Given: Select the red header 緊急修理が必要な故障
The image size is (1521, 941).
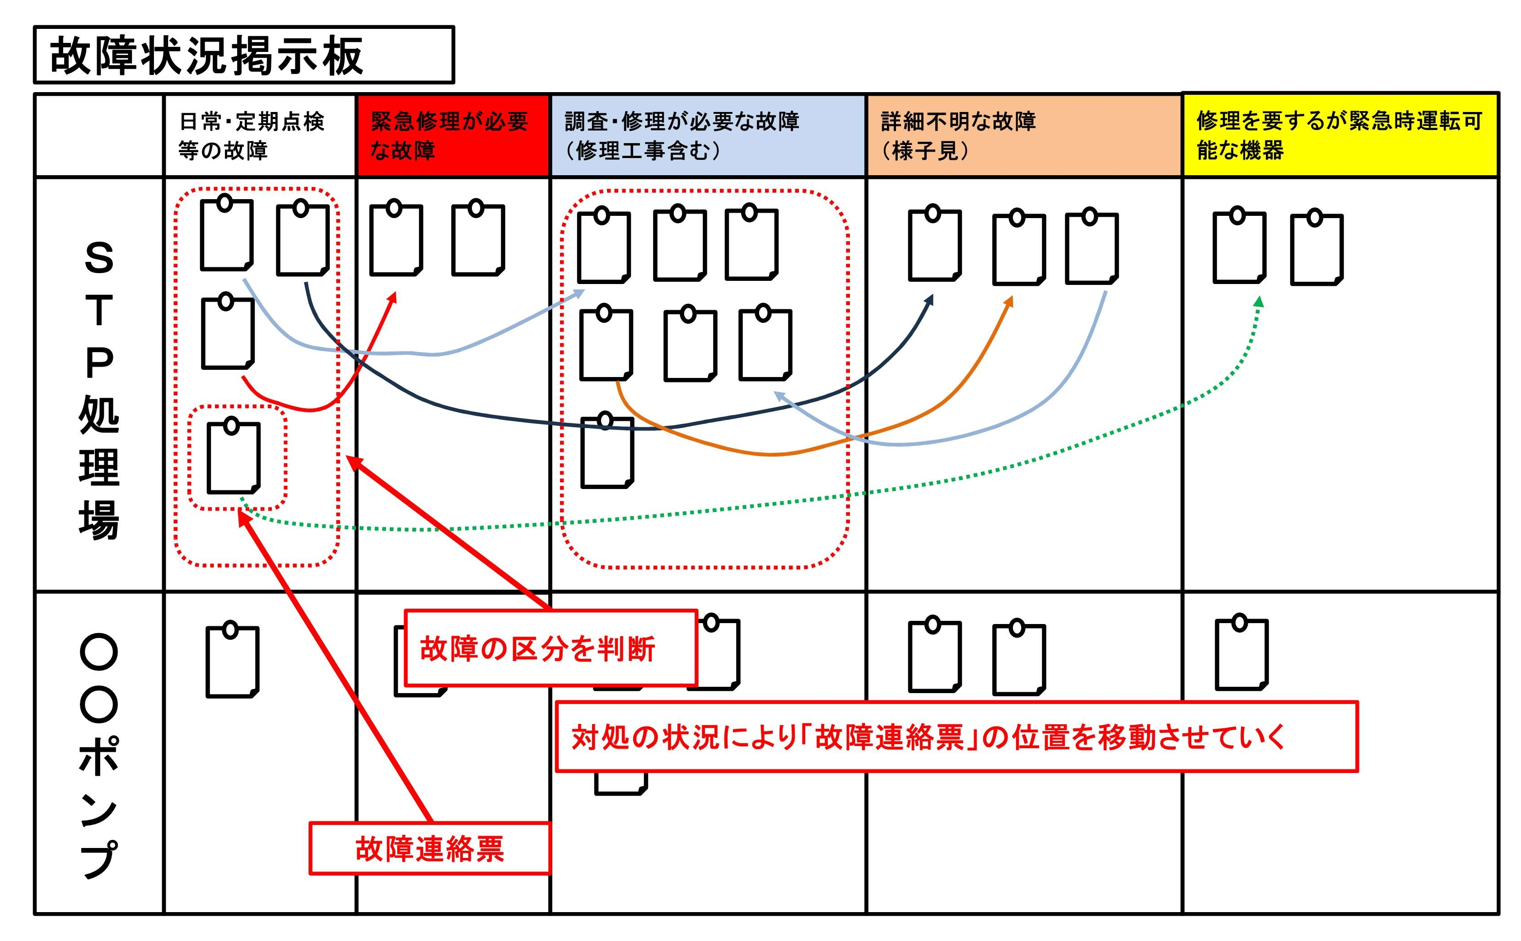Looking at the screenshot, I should [453, 135].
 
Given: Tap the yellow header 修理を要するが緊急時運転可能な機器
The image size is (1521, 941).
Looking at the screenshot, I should [1339, 135].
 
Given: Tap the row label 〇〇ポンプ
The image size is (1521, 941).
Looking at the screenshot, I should [99, 753].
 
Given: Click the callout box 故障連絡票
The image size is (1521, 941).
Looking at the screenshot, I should [429, 848].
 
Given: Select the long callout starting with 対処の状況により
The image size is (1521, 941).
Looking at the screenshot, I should [956, 737].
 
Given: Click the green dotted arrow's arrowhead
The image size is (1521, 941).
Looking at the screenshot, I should [1258, 301].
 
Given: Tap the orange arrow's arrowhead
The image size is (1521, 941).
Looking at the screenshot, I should [1009, 301].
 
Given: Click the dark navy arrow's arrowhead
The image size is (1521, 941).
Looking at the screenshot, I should [930, 300].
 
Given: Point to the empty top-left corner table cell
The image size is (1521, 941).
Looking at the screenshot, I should [99, 135].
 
